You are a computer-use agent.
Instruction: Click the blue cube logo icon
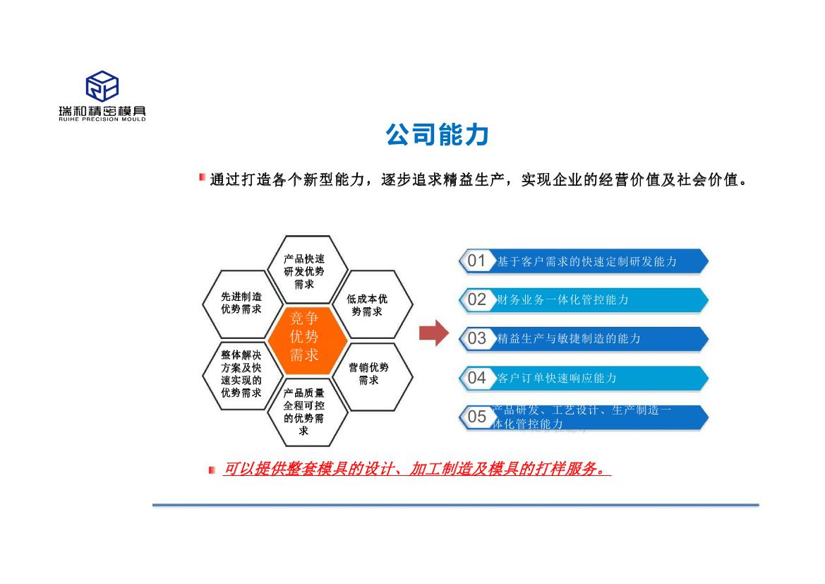coord(102,86)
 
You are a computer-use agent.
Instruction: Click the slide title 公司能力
coord(438,135)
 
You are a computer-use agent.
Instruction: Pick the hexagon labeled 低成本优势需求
coord(372,304)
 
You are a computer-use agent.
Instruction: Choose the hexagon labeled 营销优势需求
coord(372,375)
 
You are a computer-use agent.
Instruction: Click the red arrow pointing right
coord(434,333)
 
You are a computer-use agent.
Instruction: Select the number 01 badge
coord(476,261)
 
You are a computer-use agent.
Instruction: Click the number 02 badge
coord(476,299)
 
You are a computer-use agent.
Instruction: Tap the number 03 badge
coord(476,338)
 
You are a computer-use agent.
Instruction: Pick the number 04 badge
coord(476,378)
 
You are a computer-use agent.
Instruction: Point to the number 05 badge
coord(476,417)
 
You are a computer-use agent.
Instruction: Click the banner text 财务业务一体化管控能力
coord(563,299)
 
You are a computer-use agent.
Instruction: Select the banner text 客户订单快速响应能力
coord(557,378)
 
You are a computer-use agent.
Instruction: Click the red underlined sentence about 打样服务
coord(416,468)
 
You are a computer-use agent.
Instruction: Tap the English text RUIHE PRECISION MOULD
coord(102,119)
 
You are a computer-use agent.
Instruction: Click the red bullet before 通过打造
coord(202,177)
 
